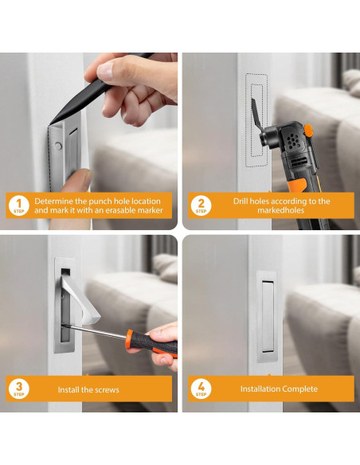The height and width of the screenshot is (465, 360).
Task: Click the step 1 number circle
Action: click(18, 205)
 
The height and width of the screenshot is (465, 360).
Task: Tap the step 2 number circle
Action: click(201, 205)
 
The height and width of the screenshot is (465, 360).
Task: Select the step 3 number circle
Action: click(18, 389)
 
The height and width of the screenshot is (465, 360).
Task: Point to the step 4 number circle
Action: click(201, 389)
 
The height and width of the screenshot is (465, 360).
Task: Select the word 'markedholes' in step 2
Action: click(280, 210)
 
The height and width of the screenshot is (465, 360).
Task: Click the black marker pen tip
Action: click(50, 124)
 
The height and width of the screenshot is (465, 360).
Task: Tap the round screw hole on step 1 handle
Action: click(58, 146)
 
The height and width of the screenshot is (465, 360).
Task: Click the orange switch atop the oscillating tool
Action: click(308, 131)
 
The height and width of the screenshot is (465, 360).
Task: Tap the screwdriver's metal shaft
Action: click(95, 331)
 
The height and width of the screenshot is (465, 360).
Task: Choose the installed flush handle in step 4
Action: click(267, 316)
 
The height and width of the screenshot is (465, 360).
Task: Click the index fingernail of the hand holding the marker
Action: click(104, 71)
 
